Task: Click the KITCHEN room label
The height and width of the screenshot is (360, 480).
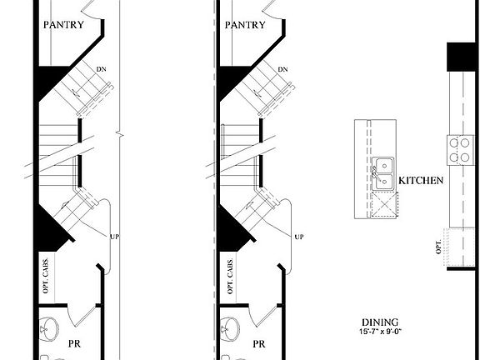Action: click(420, 181)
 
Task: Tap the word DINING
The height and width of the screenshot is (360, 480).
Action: click(379, 322)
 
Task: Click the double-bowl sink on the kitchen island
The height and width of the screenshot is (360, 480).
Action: click(383, 172)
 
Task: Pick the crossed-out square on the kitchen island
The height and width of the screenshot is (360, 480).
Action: click(384, 202)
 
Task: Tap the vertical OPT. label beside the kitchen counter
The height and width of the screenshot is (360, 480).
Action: click(438, 247)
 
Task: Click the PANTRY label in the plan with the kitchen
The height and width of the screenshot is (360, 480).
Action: click(245, 25)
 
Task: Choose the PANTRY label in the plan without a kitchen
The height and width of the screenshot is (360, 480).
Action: click(63, 25)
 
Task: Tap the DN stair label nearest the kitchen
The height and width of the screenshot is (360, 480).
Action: click(283, 69)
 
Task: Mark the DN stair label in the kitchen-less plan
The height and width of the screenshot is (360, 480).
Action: click(102, 69)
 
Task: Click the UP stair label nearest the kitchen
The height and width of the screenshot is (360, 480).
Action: click(297, 237)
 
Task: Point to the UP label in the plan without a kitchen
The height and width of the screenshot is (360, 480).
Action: click(115, 237)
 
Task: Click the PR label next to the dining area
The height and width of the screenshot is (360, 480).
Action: click(258, 342)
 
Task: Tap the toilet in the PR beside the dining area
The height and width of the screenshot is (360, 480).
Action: click(229, 325)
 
